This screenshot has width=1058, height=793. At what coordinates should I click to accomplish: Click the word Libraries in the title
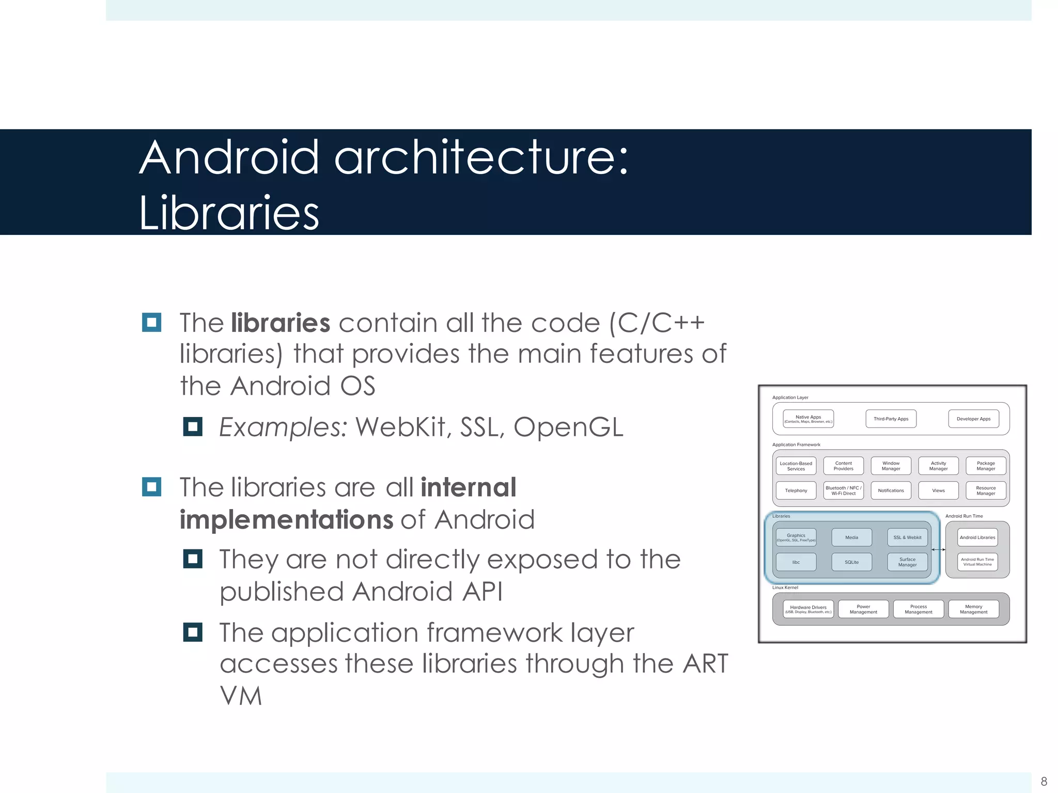click(x=229, y=213)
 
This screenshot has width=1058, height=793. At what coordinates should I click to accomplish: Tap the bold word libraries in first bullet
click(x=281, y=323)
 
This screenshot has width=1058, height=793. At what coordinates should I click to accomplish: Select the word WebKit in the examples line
click(x=400, y=427)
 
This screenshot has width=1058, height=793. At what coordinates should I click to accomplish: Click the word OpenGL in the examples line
click(x=568, y=427)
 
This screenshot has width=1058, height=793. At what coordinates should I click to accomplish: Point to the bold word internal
click(x=468, y=487)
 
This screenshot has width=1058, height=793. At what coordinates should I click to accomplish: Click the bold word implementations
click(x=286, y=519)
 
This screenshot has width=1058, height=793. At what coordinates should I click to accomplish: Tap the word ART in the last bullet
click(x=705, y=663)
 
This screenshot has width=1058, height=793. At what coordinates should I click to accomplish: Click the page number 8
click(x=1044, y=781)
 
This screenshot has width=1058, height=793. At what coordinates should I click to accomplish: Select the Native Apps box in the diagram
click(x=808, y=419)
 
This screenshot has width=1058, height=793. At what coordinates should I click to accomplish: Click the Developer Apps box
click(x=973, y=419)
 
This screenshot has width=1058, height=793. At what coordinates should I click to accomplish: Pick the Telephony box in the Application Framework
click(x=796, y=490)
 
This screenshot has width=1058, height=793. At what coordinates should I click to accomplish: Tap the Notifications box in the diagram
click(x=891, y=490)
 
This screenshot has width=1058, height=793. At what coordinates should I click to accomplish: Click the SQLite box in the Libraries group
click(x=851, y=562)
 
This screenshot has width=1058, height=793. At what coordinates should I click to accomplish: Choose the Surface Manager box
click(x=907, y=562)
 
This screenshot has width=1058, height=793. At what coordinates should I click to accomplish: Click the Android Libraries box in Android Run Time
click(x=977, y=537)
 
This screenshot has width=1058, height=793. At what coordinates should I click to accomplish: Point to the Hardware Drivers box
click(x=808, y=609)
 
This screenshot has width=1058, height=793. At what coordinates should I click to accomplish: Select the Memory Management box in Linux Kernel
click(x=973, y=609)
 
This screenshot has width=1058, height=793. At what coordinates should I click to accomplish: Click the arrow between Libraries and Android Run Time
click(x=938, y=550)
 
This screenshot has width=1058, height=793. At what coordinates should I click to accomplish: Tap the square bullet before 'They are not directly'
click(x=193, y=559)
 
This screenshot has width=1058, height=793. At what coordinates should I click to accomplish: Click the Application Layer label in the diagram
click(x=790, y=398)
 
